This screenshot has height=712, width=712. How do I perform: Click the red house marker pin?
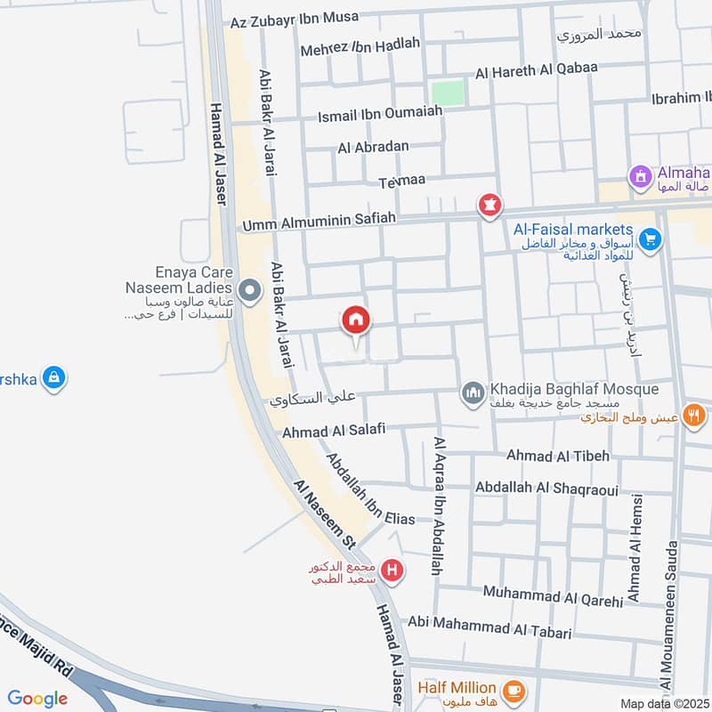pos(356,321)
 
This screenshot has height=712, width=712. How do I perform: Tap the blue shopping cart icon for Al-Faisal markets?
pos(651,239)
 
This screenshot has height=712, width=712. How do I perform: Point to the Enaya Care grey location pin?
pos(250,290)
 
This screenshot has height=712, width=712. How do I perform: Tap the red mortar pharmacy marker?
pos(489,206)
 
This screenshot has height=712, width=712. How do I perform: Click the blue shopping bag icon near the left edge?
pos(54,377)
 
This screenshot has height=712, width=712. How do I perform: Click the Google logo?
pos(38,698)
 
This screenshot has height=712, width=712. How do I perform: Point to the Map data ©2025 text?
pos(664,704)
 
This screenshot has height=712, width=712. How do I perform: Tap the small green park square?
pos(449,93)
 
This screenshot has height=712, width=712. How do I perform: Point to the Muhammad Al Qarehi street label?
pos(553,595)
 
